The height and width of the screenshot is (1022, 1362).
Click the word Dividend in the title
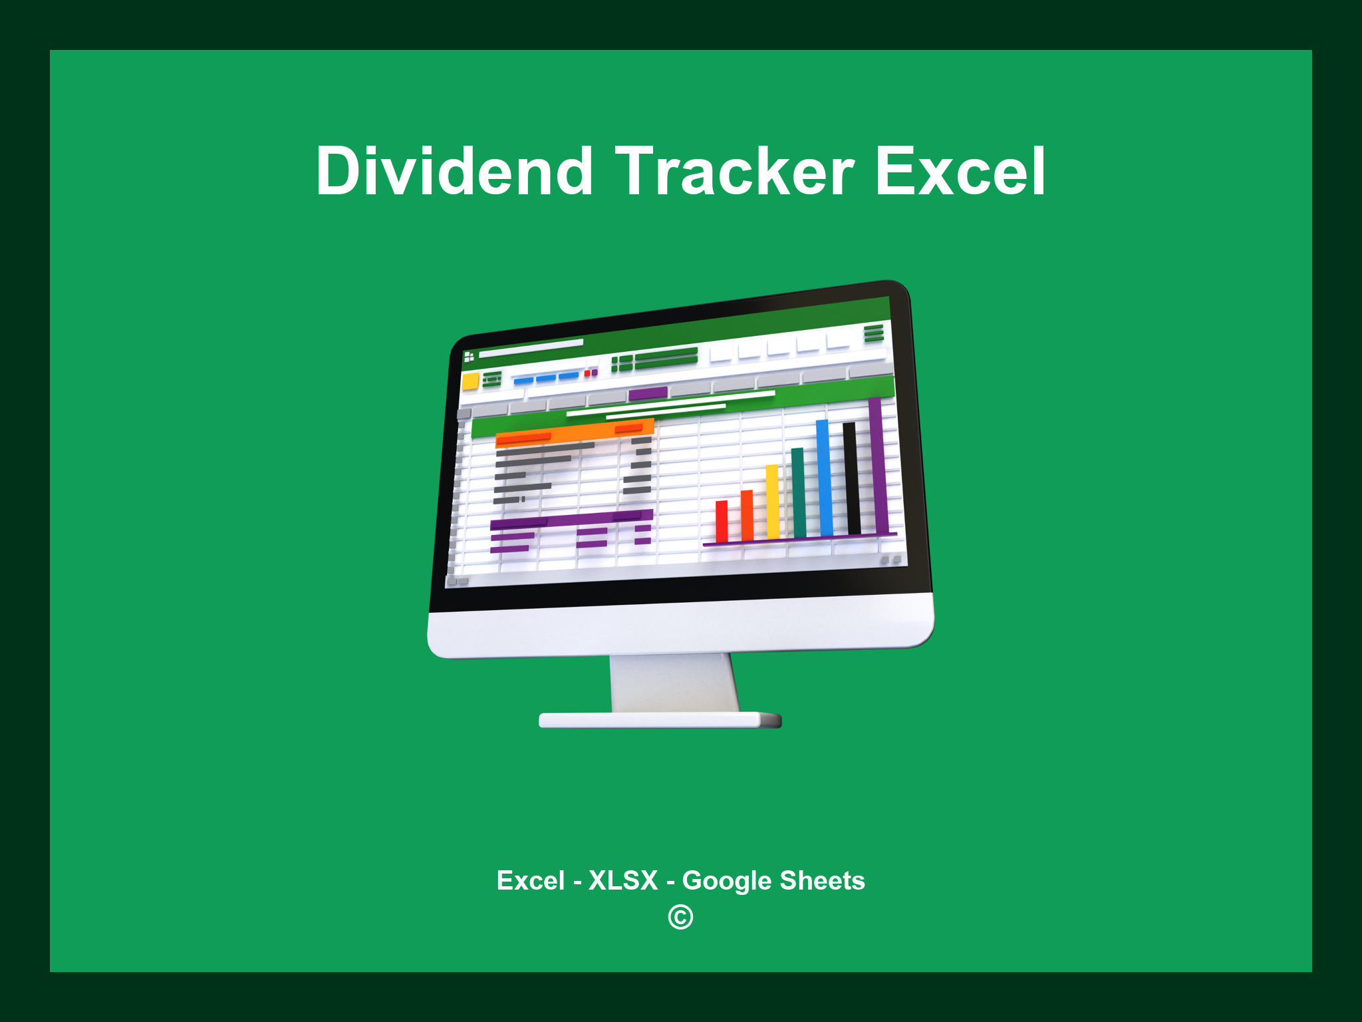click(454, 172)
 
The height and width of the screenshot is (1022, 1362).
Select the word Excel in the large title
click(960, 172)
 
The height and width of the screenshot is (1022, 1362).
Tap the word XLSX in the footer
click(623, 880)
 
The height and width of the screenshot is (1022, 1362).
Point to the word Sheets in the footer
click(822, 880)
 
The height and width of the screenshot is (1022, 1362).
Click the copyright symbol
click(680, 917)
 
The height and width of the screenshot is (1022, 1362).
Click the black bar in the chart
click(851, 478)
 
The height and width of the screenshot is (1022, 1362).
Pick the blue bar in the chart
click(824, 478)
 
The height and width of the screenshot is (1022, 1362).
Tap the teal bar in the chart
click(798, 492)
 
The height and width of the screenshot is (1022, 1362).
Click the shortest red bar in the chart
click(722, 521)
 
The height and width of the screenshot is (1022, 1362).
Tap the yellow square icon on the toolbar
click(471, 381)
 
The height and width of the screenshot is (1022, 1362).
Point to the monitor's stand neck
click(673, 682)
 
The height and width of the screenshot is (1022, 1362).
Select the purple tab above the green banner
click(647, 393)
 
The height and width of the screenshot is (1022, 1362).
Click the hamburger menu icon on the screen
click(873, 333)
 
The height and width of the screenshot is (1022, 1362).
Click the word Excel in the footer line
click(530, 880)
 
